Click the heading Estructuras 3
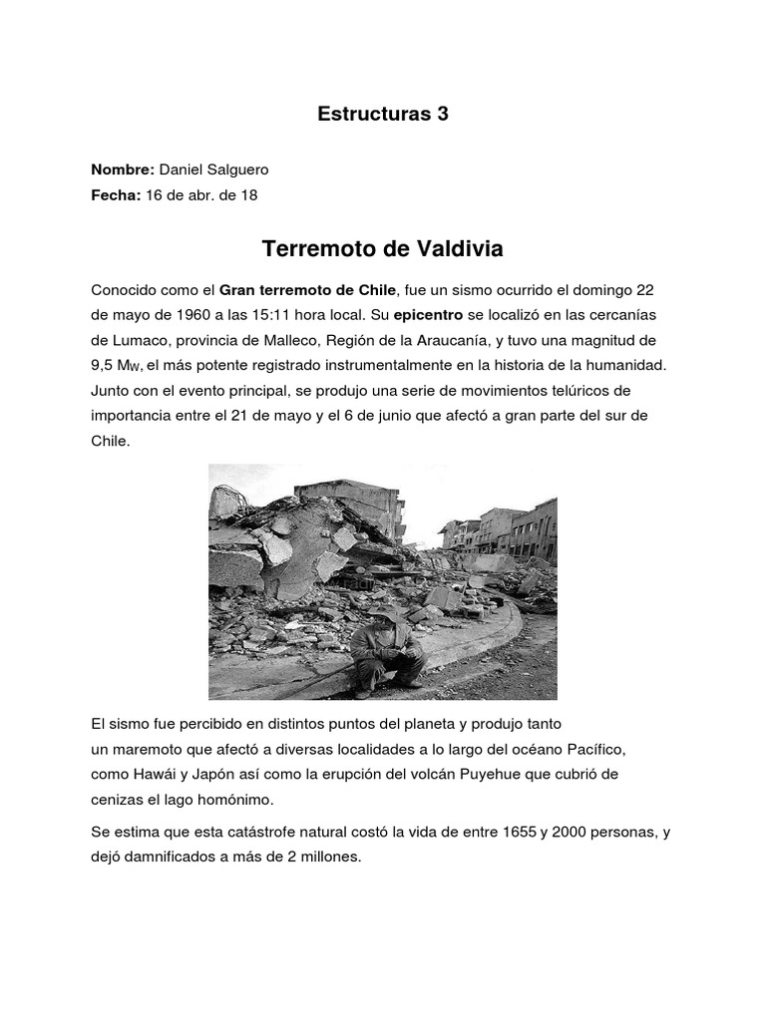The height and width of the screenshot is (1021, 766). pyautogui.click(x=383, y=114)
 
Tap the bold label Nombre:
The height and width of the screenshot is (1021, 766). pyautogui.click(x=123, y=170)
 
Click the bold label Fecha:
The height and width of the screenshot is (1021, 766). pyautogui.click(x=117, y=195)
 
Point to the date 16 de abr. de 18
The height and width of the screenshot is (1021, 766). pyautogui.click(x=201, y=195)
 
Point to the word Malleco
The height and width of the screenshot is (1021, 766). pyautogui.click(x=305, y=340)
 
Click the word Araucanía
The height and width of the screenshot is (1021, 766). pyautogui.click(x=495, y=340)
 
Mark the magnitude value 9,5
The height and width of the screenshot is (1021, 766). pyautogui.click(x=105, y=365)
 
